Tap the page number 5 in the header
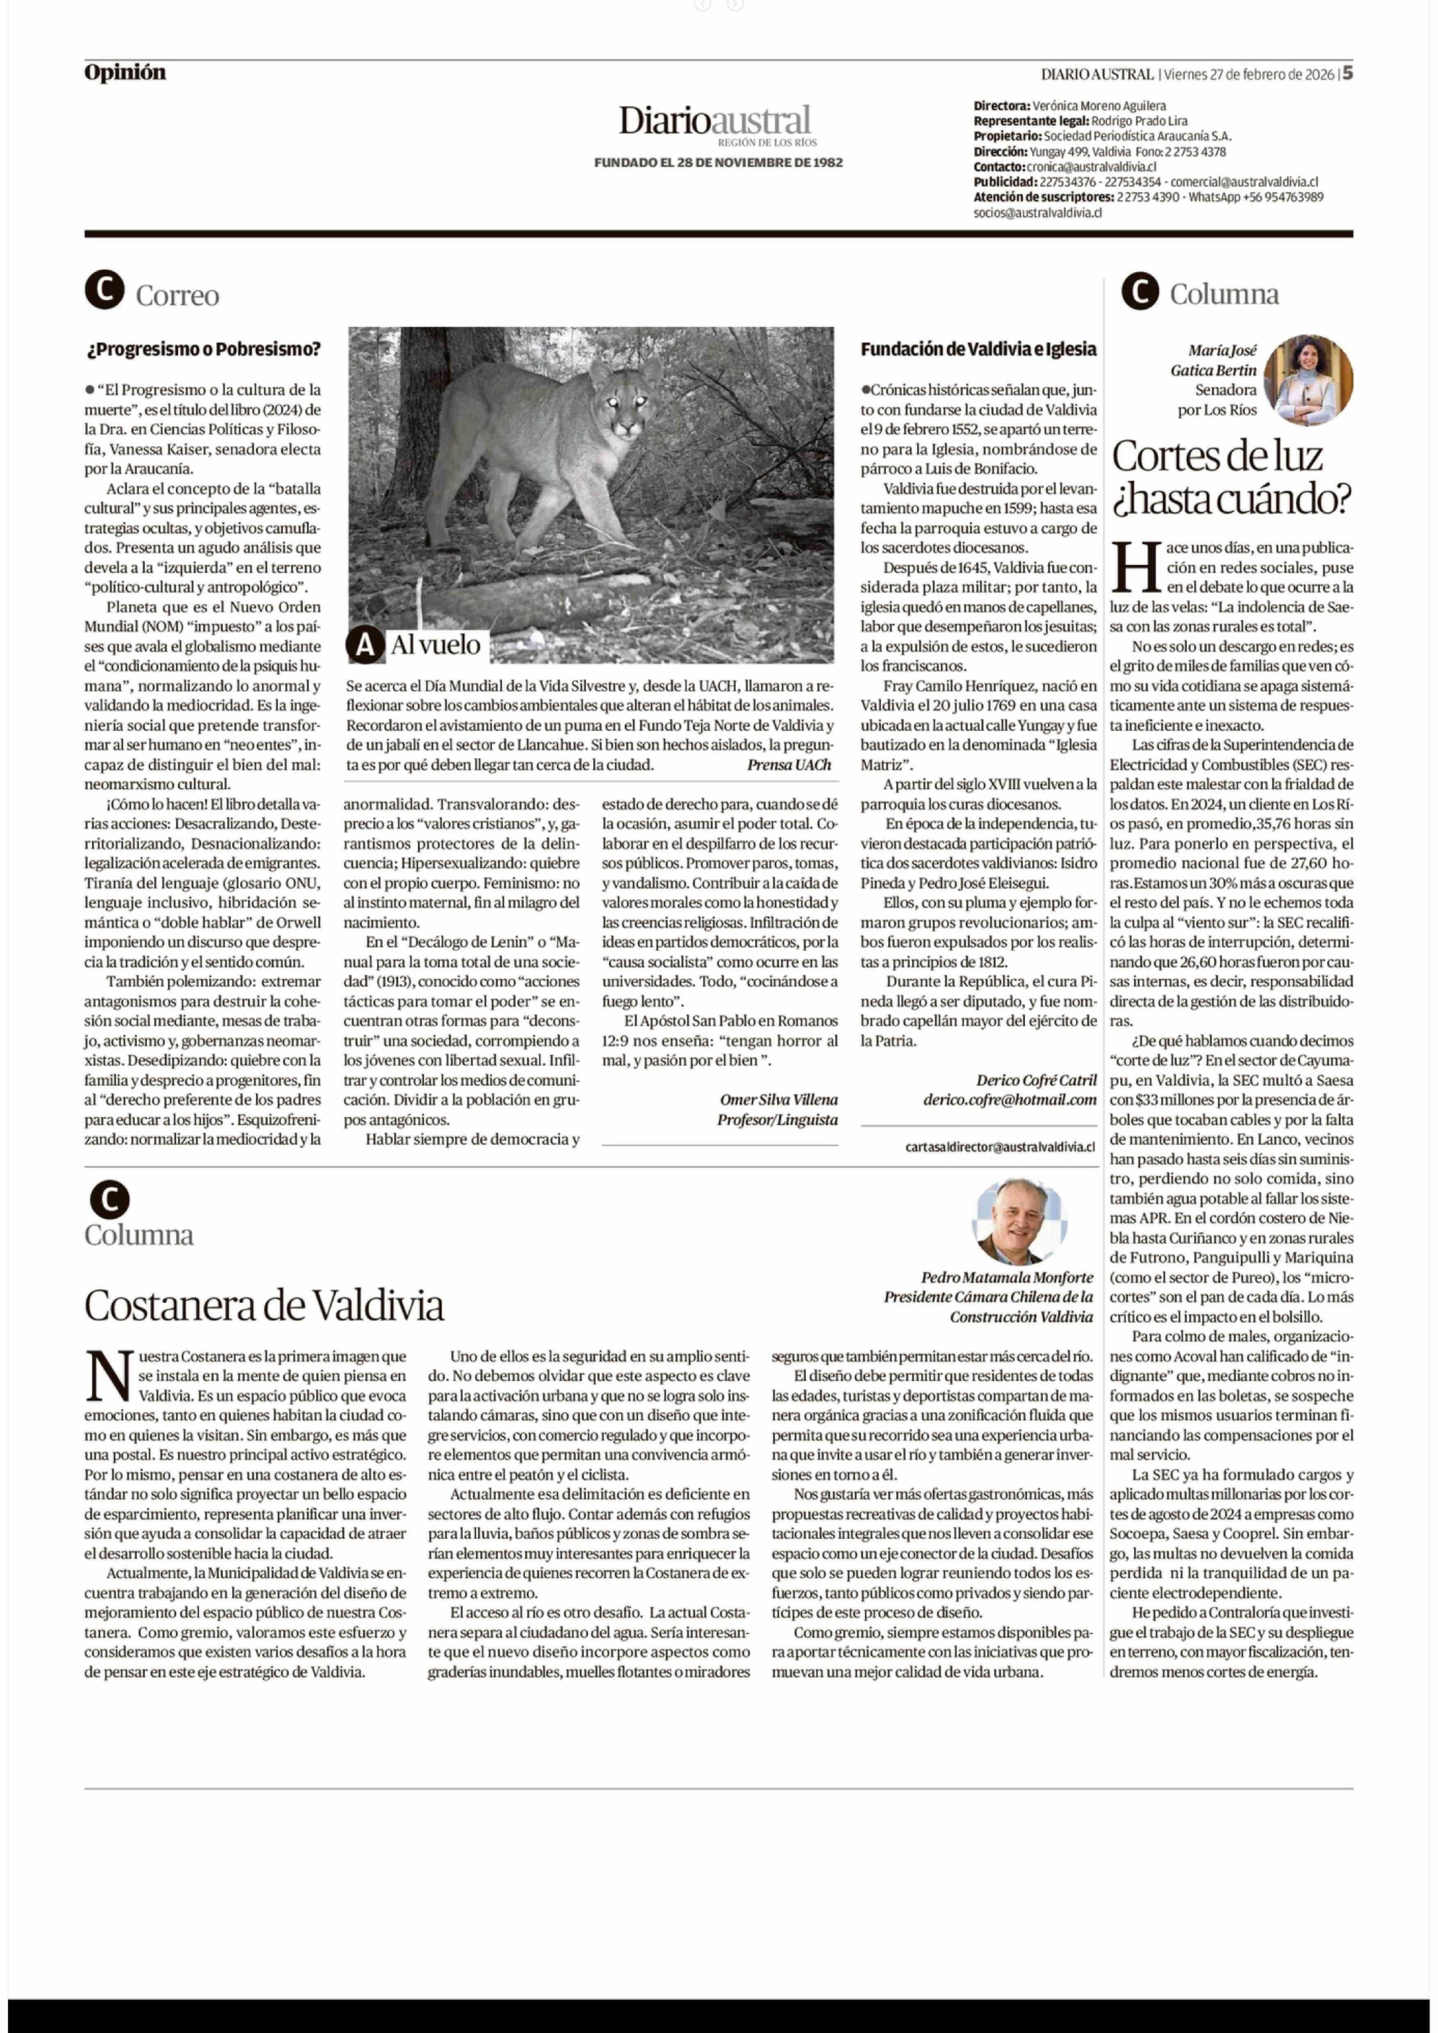click(x=1347, y=73)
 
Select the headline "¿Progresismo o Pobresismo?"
click(x=203, y=349)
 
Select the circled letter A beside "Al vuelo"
click(x=365, y=645)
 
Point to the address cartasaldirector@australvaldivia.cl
click(x=1000, y=1146)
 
